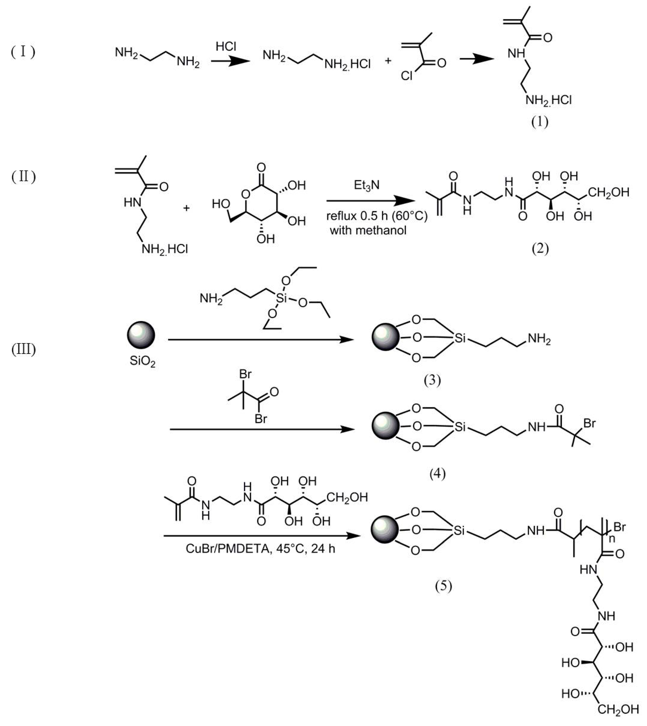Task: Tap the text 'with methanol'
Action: click(368, 230)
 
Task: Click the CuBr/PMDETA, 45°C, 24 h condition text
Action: click(260, 549)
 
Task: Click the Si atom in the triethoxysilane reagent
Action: click(281, 298)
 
